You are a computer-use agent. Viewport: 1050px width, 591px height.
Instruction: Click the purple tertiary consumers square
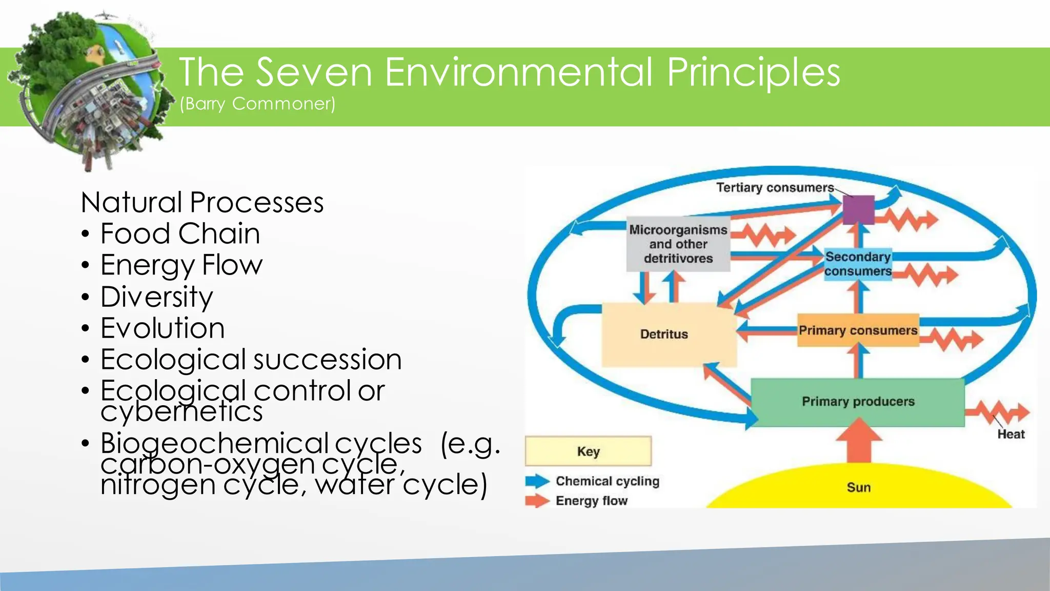pos(858,209)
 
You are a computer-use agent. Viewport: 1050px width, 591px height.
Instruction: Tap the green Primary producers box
pos(857,402)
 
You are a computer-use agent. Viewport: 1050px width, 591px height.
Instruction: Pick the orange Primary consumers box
pos(858,330)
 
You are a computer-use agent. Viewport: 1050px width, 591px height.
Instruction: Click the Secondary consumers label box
pos(858,264)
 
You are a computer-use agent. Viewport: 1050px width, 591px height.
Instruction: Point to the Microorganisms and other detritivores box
pos(678,244)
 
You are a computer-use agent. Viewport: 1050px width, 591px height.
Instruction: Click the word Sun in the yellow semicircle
pos(859,487)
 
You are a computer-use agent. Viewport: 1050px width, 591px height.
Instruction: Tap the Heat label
pos(1011,434)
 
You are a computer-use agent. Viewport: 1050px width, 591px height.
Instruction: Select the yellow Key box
pos(588,451)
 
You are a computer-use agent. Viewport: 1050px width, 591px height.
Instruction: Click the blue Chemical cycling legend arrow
pos(537,481)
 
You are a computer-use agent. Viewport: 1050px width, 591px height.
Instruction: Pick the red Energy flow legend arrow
pos(537,501)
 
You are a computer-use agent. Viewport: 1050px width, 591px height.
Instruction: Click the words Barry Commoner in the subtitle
pos(257,104)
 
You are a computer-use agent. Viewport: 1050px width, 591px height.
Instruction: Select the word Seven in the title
pos(314,72)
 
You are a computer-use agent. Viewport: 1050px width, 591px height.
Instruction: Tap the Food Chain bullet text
pos(180,234)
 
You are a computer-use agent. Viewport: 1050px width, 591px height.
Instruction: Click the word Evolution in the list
pos(163,328)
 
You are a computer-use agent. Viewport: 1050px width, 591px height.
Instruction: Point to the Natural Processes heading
pos(202,202)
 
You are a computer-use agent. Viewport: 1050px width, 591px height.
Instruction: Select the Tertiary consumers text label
pos(775,188)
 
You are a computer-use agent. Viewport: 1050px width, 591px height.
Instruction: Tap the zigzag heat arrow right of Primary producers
pos(997,412)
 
